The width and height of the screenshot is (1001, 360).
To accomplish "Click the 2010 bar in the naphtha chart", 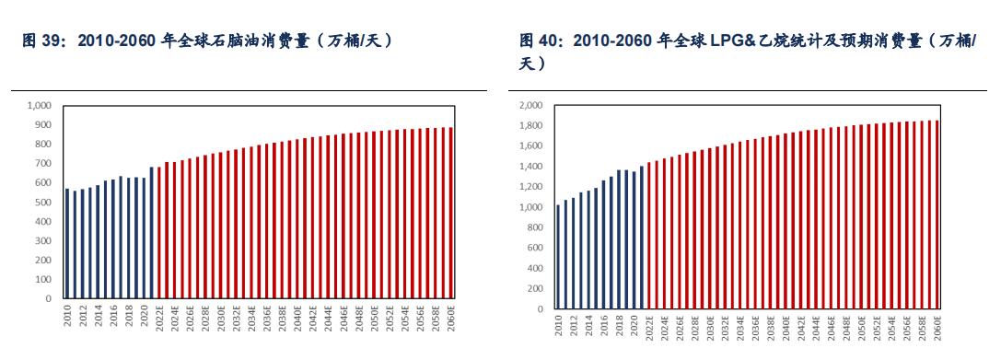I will pyautogui.click(x=67, y=244).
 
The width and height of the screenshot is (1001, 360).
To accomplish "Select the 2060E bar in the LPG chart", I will pyautogui.click(x=937, y=215).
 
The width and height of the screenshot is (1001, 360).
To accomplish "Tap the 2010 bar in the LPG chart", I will pyautogui.click(x=558, y=257).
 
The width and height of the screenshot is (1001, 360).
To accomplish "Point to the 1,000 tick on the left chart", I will pyautogui.click(x=41, y=106).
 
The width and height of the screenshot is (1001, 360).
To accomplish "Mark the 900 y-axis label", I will pyautogui.click(x=45, y=125).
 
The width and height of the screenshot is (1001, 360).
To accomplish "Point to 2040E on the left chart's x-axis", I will pyautogui.click(x=297, y=318).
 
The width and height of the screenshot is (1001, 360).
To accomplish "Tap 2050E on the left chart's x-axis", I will pyautogui.click(x=375, y=318).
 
